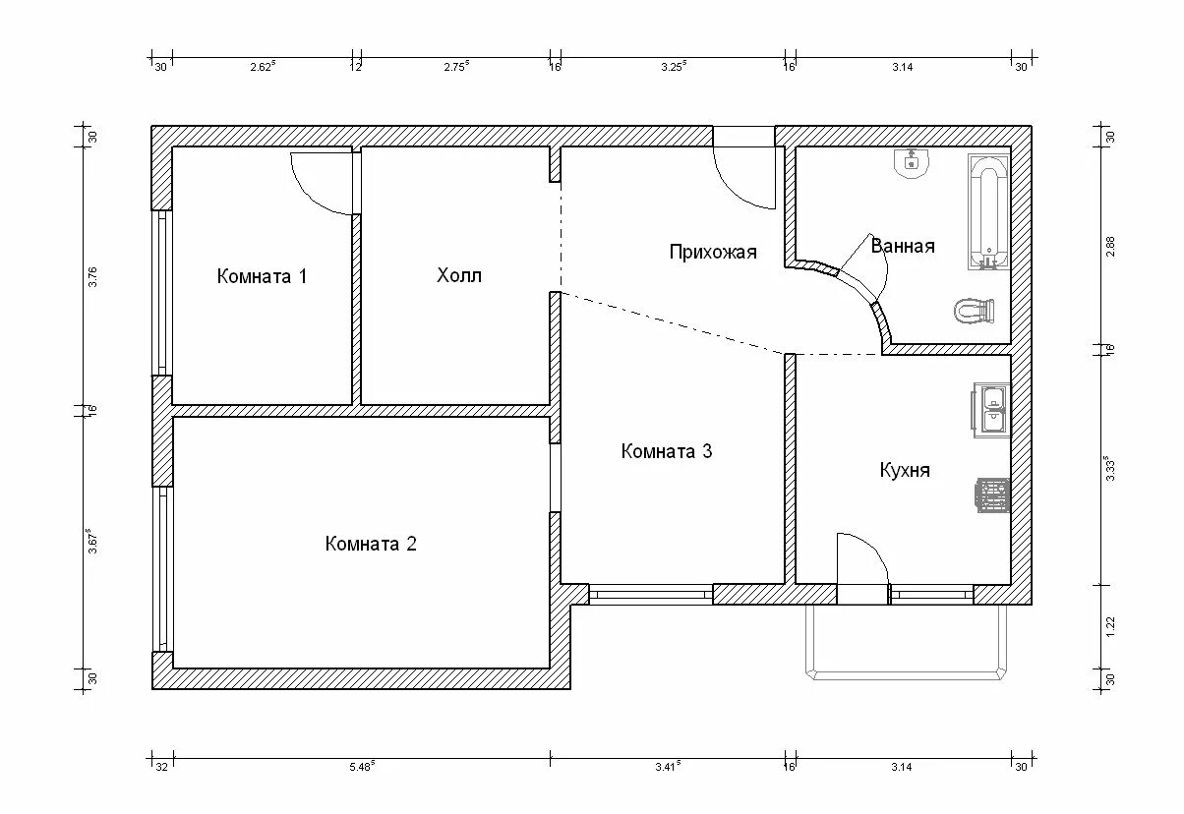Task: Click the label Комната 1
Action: coord(262,276)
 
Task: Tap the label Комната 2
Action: coord(371,544)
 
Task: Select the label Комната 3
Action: coord(667,451)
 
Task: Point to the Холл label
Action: coord(459,275)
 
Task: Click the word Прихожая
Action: coord(713,252)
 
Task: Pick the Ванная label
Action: coord(902,246)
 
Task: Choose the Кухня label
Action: coord(905,470)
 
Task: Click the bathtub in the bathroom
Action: coord(988,211)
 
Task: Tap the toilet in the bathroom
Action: coord(975,311)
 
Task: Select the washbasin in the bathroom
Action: coord(912,162)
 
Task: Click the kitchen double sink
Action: coord(991,410)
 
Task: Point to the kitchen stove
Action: coord(992,494)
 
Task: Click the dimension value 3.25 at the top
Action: coord(673,66)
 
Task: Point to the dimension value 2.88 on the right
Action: coord(1110,246)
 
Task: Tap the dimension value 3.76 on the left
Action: coord(92,276)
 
